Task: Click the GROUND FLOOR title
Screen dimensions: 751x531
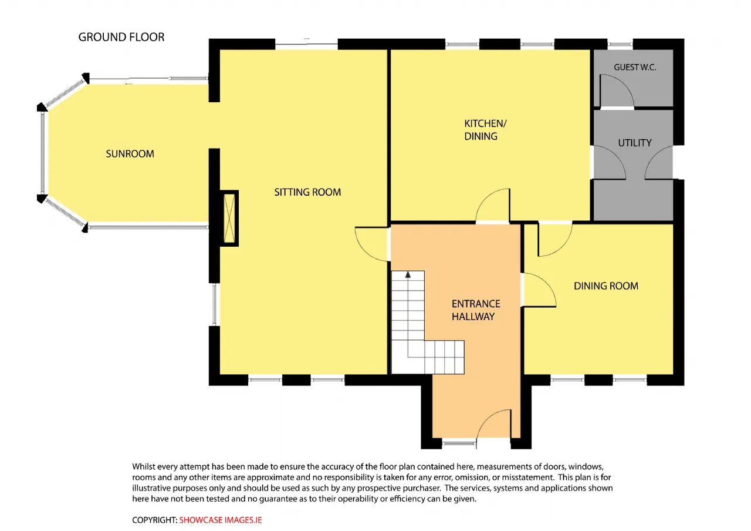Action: click(x=121, y=37)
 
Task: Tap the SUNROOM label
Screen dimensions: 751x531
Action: click(x=130, y=154)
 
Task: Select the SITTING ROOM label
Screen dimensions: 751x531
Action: click(x=307, y=192)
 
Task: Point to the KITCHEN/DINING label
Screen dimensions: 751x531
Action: click(x=485, y=130)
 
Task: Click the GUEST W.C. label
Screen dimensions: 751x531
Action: click(x=635, y=67)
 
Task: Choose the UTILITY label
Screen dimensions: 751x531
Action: click(x=635, y=143)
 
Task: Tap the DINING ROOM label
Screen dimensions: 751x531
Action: click(x=606, y=286)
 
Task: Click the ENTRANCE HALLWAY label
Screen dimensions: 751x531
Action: click(x=476, y=310)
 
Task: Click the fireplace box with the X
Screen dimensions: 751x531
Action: click(x=229, y=218)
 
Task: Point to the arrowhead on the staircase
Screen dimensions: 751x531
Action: click(x=408, y=274)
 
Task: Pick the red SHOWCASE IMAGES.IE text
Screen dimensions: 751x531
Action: click(x=220, y=520)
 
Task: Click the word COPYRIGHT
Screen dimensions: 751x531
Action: click(x=154, y=520)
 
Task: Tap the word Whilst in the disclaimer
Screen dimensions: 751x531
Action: click(x=144, y=466)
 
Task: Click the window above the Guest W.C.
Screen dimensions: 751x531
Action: click(x=620, y=44)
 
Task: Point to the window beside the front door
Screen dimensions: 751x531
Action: click(x=459, y=443)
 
